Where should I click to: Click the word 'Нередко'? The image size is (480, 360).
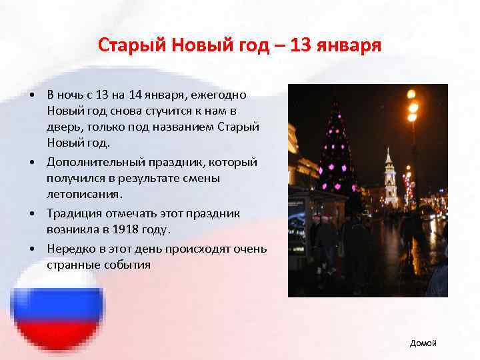click(x=70, y=248)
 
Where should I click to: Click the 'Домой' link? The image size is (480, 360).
click(x=423, y=343)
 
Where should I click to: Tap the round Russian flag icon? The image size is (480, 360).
click(x=58, y=311)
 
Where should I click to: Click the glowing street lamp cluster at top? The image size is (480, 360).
click(x=412, y=106)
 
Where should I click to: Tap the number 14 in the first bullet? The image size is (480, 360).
click(x=140, y=95)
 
